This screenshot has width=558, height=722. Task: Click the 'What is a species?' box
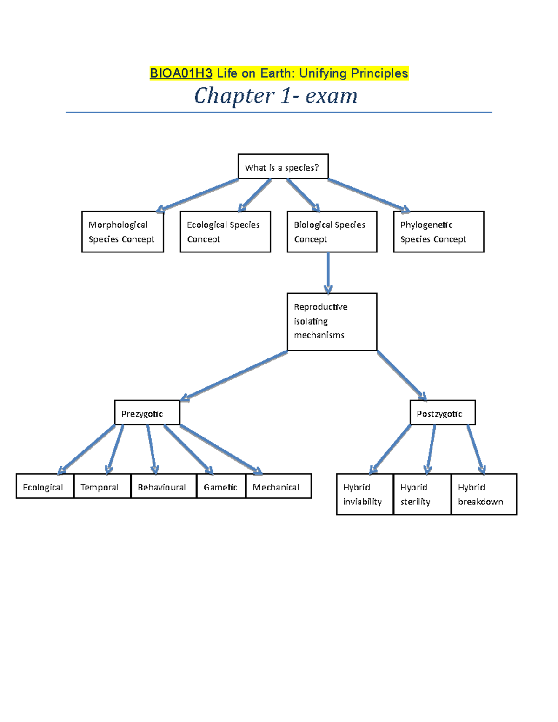[283, 166]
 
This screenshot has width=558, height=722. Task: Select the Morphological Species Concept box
[122, 232]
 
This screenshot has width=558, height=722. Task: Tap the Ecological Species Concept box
[225, 232]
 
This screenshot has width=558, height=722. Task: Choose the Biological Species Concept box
[332, 232]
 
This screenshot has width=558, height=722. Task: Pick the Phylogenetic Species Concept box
[438, 232]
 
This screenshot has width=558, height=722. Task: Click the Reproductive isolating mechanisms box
[332, 321]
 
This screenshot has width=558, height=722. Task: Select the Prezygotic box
[147, 412]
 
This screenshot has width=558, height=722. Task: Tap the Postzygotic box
[442, 412]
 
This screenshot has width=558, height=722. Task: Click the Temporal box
[102, 486]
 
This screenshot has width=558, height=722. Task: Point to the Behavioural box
[163, 486]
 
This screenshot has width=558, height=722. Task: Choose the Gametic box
[221, 486]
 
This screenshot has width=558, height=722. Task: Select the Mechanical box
[278, 486]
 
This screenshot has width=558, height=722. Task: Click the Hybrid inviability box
[365, 494]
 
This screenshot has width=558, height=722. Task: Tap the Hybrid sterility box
[422, 494]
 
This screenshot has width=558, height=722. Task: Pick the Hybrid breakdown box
[484, 494]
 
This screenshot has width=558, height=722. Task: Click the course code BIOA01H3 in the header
[181, 73]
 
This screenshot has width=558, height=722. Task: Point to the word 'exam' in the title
[331, 96]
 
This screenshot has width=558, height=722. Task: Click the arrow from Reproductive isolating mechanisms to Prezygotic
[234, 376]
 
